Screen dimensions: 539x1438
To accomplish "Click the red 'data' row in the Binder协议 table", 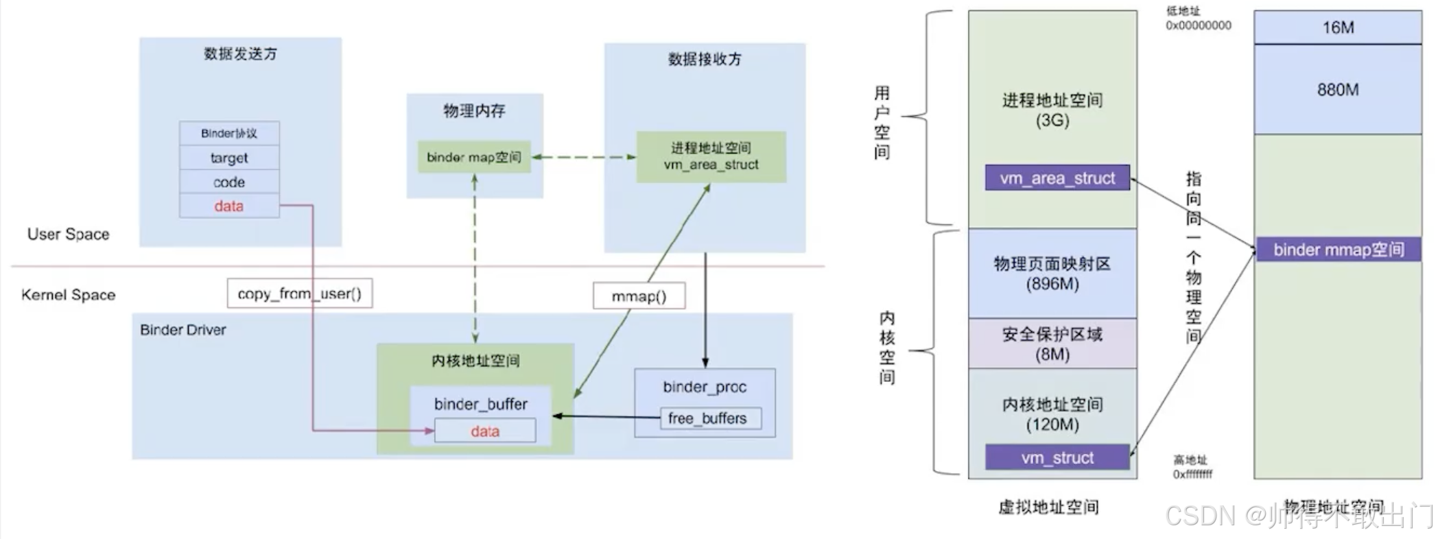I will click(x=229, y=206).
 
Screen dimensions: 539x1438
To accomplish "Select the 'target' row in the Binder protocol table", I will click(x=229, y=158).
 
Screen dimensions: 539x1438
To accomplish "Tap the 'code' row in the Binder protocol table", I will click(x=229, y=182).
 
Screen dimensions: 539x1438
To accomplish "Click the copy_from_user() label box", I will click(x=300, y=294).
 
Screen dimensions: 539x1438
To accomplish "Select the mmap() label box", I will click(x=639, y=296).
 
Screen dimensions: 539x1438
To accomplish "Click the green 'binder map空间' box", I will click(x=474, y=157).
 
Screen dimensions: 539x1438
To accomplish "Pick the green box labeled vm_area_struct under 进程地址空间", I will click(x=711, y=156).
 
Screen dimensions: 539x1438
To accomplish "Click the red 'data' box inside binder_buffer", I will click(x=485, y=431).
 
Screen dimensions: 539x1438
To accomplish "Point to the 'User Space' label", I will click(x=68, y=234).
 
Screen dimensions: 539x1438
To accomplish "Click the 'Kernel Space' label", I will click(x=68, y=295).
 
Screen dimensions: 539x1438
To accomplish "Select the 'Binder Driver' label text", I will click(x=183, y=330).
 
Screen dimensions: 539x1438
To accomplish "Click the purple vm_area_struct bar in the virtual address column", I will click(x=1057, y=178).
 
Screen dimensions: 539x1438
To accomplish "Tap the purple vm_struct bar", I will click(x=1057, y=457).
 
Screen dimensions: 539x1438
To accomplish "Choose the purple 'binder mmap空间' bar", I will click(x=1338, y=250).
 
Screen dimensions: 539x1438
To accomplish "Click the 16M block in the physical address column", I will click(x=1338, y=27).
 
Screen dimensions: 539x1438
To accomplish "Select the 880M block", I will click(x=1338, y=89).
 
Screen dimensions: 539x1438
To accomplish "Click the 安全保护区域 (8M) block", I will click(x=1052, y=344).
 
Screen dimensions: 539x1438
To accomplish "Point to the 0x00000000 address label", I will click(x=1199, y=25).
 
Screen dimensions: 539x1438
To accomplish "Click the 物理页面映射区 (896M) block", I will click(x=1052, y=273).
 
